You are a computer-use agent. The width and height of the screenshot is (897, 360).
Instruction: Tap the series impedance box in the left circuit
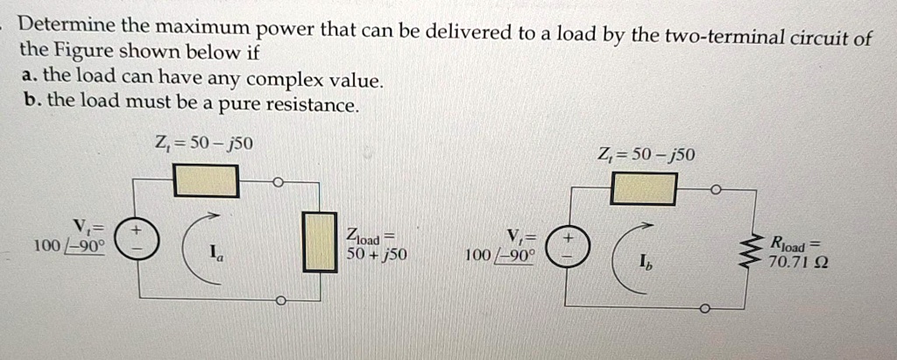tap(206, 181)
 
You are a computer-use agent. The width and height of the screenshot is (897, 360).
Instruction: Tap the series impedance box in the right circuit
tap(644, 188)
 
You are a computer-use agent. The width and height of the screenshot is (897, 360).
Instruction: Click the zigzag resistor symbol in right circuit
tap(747, 249)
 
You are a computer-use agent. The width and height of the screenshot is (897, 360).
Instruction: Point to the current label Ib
tap(646, 261)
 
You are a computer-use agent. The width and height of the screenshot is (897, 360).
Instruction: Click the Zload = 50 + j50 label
tap(371, 246)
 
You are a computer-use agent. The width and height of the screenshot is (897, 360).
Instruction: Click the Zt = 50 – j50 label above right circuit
tap(646, 156)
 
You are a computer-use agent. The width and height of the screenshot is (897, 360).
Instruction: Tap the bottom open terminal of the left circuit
tap(280, 300)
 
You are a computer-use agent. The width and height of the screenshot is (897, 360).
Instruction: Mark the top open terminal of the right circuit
tap(716, 189)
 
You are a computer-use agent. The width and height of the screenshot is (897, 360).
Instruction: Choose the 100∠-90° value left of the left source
tap(68, 247)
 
